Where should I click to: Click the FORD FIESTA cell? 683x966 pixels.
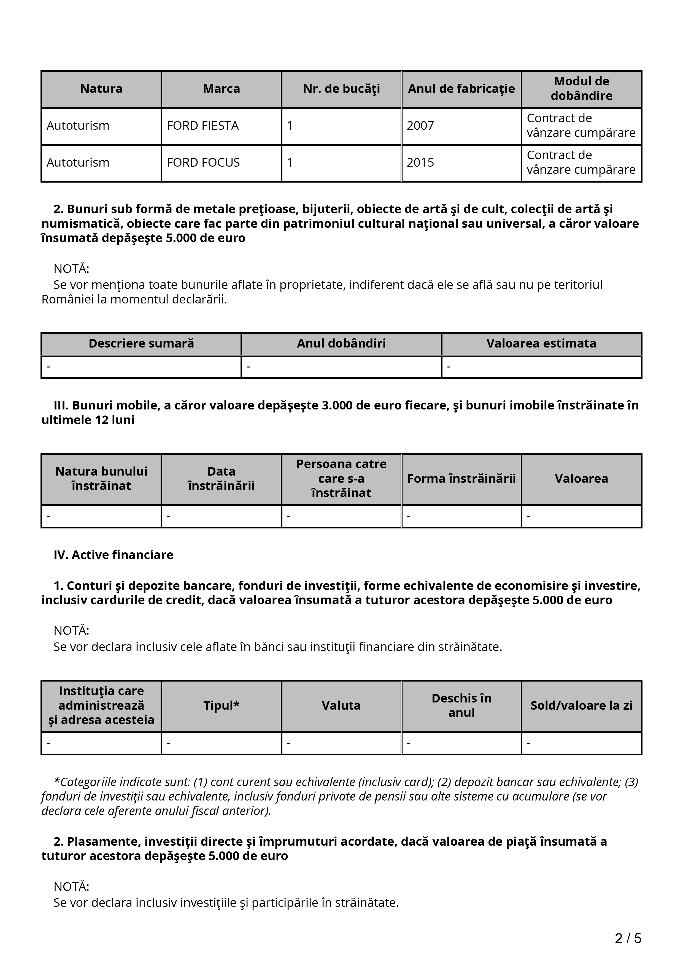point(203,126)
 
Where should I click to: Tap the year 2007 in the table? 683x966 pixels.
point(420,126)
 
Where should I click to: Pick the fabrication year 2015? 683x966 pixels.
point(420,163)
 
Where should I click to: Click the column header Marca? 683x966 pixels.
point(221,89)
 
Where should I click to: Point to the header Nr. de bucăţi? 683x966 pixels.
point(341,89)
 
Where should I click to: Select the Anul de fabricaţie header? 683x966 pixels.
point(461,89)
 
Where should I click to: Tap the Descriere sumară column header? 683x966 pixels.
point(141,344)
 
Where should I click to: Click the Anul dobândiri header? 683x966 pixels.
point(341,344)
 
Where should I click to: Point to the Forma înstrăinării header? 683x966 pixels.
point(461,479)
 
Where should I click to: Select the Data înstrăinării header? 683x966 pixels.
point(221,479)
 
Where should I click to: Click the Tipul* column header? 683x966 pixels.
point(221,705)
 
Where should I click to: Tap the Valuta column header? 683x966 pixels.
point(341,705)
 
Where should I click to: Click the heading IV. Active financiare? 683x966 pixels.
point(113,555)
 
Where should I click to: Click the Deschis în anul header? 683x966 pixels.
point(461,705)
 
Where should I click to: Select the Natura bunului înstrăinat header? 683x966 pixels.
point(101,479)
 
